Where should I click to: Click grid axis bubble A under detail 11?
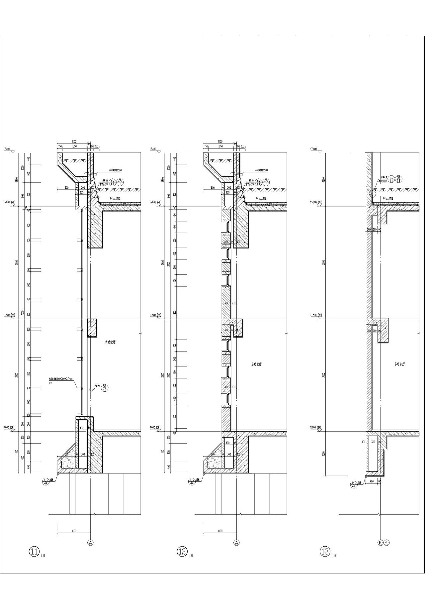[90, 543]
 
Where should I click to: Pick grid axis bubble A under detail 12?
[236, 543]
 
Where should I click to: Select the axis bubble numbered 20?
[386, 543]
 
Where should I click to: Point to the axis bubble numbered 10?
[381, 543]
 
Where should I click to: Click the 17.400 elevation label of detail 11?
[7, 149]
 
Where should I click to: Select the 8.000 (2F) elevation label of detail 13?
[315, 428]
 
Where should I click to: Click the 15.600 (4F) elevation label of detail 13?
[315, 202]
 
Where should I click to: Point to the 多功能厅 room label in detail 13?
[399, 364]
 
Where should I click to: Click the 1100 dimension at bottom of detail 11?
[74, 531]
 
